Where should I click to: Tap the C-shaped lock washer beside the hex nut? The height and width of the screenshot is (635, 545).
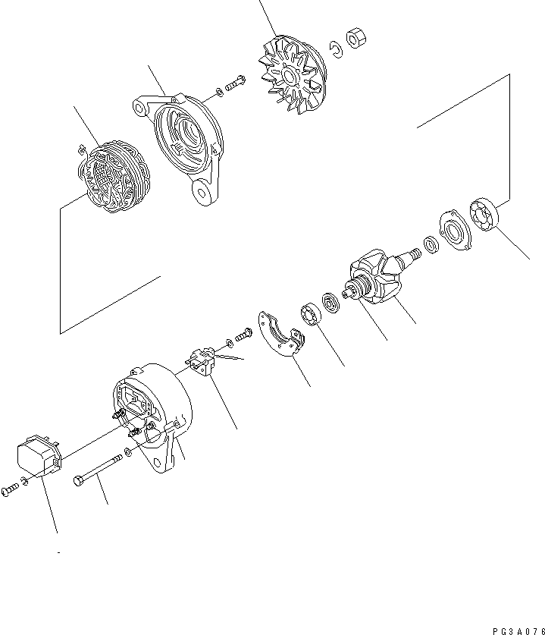(335, 49)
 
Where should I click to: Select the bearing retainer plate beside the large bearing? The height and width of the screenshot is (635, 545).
(453, 230)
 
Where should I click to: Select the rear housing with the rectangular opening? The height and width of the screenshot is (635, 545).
(152, 413)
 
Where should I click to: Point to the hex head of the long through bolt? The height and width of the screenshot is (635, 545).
(79, 480)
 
